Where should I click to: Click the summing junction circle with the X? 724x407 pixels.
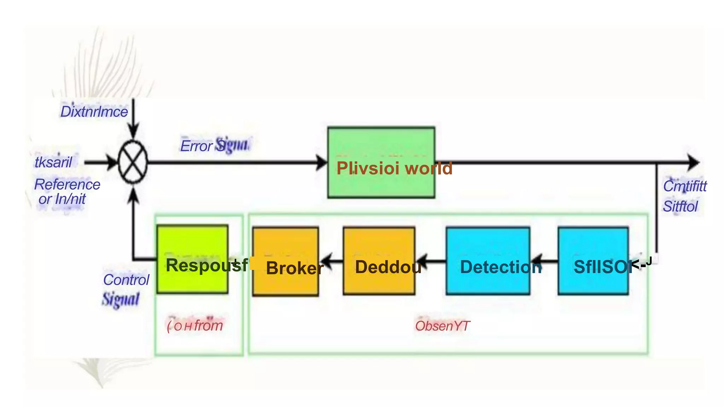133,162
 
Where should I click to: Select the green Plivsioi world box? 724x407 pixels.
381,162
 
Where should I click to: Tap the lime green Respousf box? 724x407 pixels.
192,259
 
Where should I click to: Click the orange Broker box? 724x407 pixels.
285,261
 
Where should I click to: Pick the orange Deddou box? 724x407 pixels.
379,261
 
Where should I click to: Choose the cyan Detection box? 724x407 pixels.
488,261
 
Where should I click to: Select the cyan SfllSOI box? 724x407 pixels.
593,261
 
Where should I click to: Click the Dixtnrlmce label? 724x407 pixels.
94,112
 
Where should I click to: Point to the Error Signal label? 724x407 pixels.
215,145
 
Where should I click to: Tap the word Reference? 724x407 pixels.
67,184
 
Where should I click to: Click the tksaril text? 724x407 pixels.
53,162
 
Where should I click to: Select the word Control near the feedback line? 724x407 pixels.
126,280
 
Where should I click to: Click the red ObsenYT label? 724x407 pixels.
442,326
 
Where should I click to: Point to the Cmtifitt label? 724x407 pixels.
684,186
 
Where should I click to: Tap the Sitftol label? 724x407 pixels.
680,206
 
